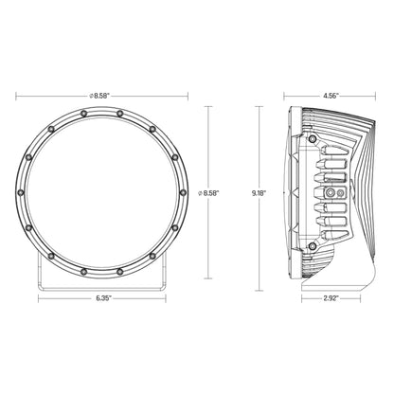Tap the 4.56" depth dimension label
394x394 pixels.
click(x=330, y=95)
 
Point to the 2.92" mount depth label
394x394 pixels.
click(x=330, y=298)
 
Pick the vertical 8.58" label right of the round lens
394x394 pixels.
click(x=209, y=192)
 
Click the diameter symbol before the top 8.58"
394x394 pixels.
click(x=86, y=95)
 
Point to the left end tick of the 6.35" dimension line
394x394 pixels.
click(x=38, y=298)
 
